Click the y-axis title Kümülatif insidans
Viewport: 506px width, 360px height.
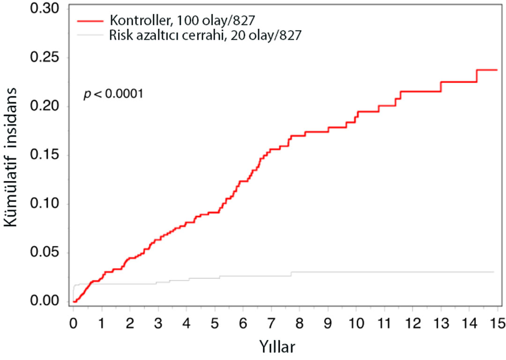coord(10,157)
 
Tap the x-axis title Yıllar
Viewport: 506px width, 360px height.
coord(277,347)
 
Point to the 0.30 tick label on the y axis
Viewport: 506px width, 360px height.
coord(45,9)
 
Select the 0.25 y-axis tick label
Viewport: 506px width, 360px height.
coord(45,58)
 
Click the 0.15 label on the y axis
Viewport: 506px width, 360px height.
coord(45,155)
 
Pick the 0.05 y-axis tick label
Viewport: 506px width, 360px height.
coord(45,253)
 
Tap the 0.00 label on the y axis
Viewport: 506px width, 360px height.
coord(45,301)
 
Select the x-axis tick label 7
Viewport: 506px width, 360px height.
coord(271,323)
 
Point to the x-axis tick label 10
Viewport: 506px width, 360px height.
coord(356,323)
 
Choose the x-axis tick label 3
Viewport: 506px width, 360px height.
coord(158,323)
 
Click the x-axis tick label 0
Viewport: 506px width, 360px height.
coord(74,323)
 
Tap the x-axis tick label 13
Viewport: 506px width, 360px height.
coord(441,323)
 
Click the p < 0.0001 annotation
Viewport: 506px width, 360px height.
coord(113,94)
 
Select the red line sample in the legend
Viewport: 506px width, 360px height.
coord(90,21)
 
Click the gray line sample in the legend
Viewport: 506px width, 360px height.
coord(90,35)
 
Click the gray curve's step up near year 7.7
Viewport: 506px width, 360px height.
coord(291,274)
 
